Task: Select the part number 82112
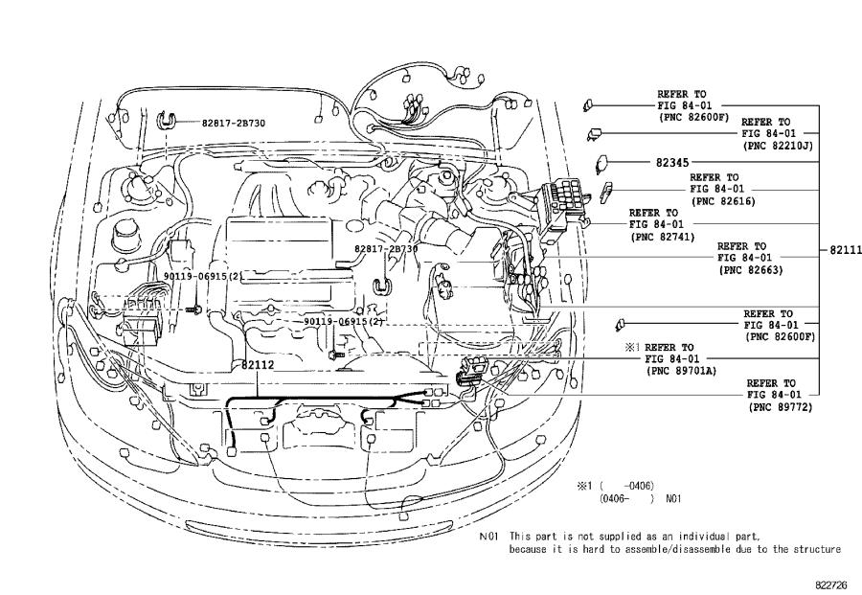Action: (x=256, y=364)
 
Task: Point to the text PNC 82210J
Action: (x=778, y=146)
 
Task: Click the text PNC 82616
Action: (x=726, y=202)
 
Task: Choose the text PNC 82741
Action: (x=662, y=236)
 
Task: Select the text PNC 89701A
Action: (x=683, y=371)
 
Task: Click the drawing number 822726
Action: (x=833, y=581)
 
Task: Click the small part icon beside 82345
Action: (x=605, y=163)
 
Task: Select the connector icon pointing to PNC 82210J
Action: (x=595, y=133)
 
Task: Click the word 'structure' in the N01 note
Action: (x=817, y=549)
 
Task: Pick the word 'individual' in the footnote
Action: (x=676, y=537)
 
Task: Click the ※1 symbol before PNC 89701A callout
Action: (x=631, y=347)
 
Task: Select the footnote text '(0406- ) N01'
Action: (x=640, y=498)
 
